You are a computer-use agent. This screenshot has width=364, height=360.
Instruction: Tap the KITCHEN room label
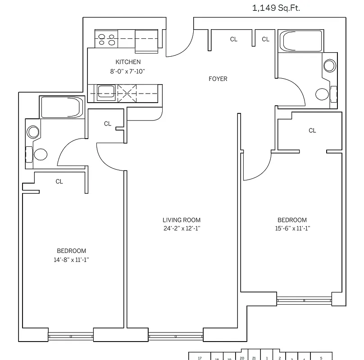128,62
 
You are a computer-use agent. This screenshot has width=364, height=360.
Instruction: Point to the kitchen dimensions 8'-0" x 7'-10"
128,71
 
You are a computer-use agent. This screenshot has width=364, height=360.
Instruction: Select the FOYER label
218,79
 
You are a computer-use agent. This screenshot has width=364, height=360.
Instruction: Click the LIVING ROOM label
182,220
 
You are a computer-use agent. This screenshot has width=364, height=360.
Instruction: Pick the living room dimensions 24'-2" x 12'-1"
182,228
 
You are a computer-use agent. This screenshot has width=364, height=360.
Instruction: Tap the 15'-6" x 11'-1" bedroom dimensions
292,228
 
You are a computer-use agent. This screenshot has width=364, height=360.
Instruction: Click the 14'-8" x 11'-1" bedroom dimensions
71,259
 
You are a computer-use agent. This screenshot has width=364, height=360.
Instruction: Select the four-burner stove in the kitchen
107,39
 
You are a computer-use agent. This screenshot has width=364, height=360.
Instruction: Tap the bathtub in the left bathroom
61,108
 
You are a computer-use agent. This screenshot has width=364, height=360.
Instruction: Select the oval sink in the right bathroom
330,66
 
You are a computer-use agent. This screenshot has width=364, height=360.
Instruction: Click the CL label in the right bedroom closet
312,130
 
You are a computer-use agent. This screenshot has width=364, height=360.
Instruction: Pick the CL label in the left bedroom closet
59,182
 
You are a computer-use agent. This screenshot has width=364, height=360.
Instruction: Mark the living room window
176,335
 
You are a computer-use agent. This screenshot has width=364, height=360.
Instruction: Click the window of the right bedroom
304,300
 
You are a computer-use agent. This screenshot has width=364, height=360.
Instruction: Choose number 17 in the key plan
200,358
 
